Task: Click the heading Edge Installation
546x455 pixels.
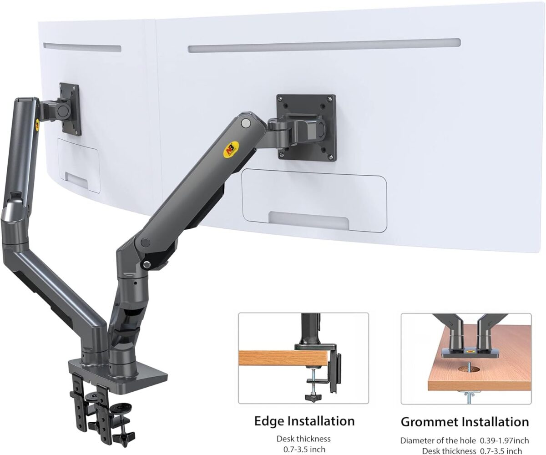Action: tap(304, 421)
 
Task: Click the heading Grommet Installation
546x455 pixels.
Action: tap(465, 422)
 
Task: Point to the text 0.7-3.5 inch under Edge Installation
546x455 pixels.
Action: tap(303, 450)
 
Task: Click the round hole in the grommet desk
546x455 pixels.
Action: tap(465, 368)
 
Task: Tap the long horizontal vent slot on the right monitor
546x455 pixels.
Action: tap(324, 45)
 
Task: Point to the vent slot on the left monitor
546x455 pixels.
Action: tap(82, 47)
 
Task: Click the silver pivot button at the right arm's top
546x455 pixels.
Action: tap(246, 122)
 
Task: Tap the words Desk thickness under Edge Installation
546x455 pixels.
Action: tap(303, 439)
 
